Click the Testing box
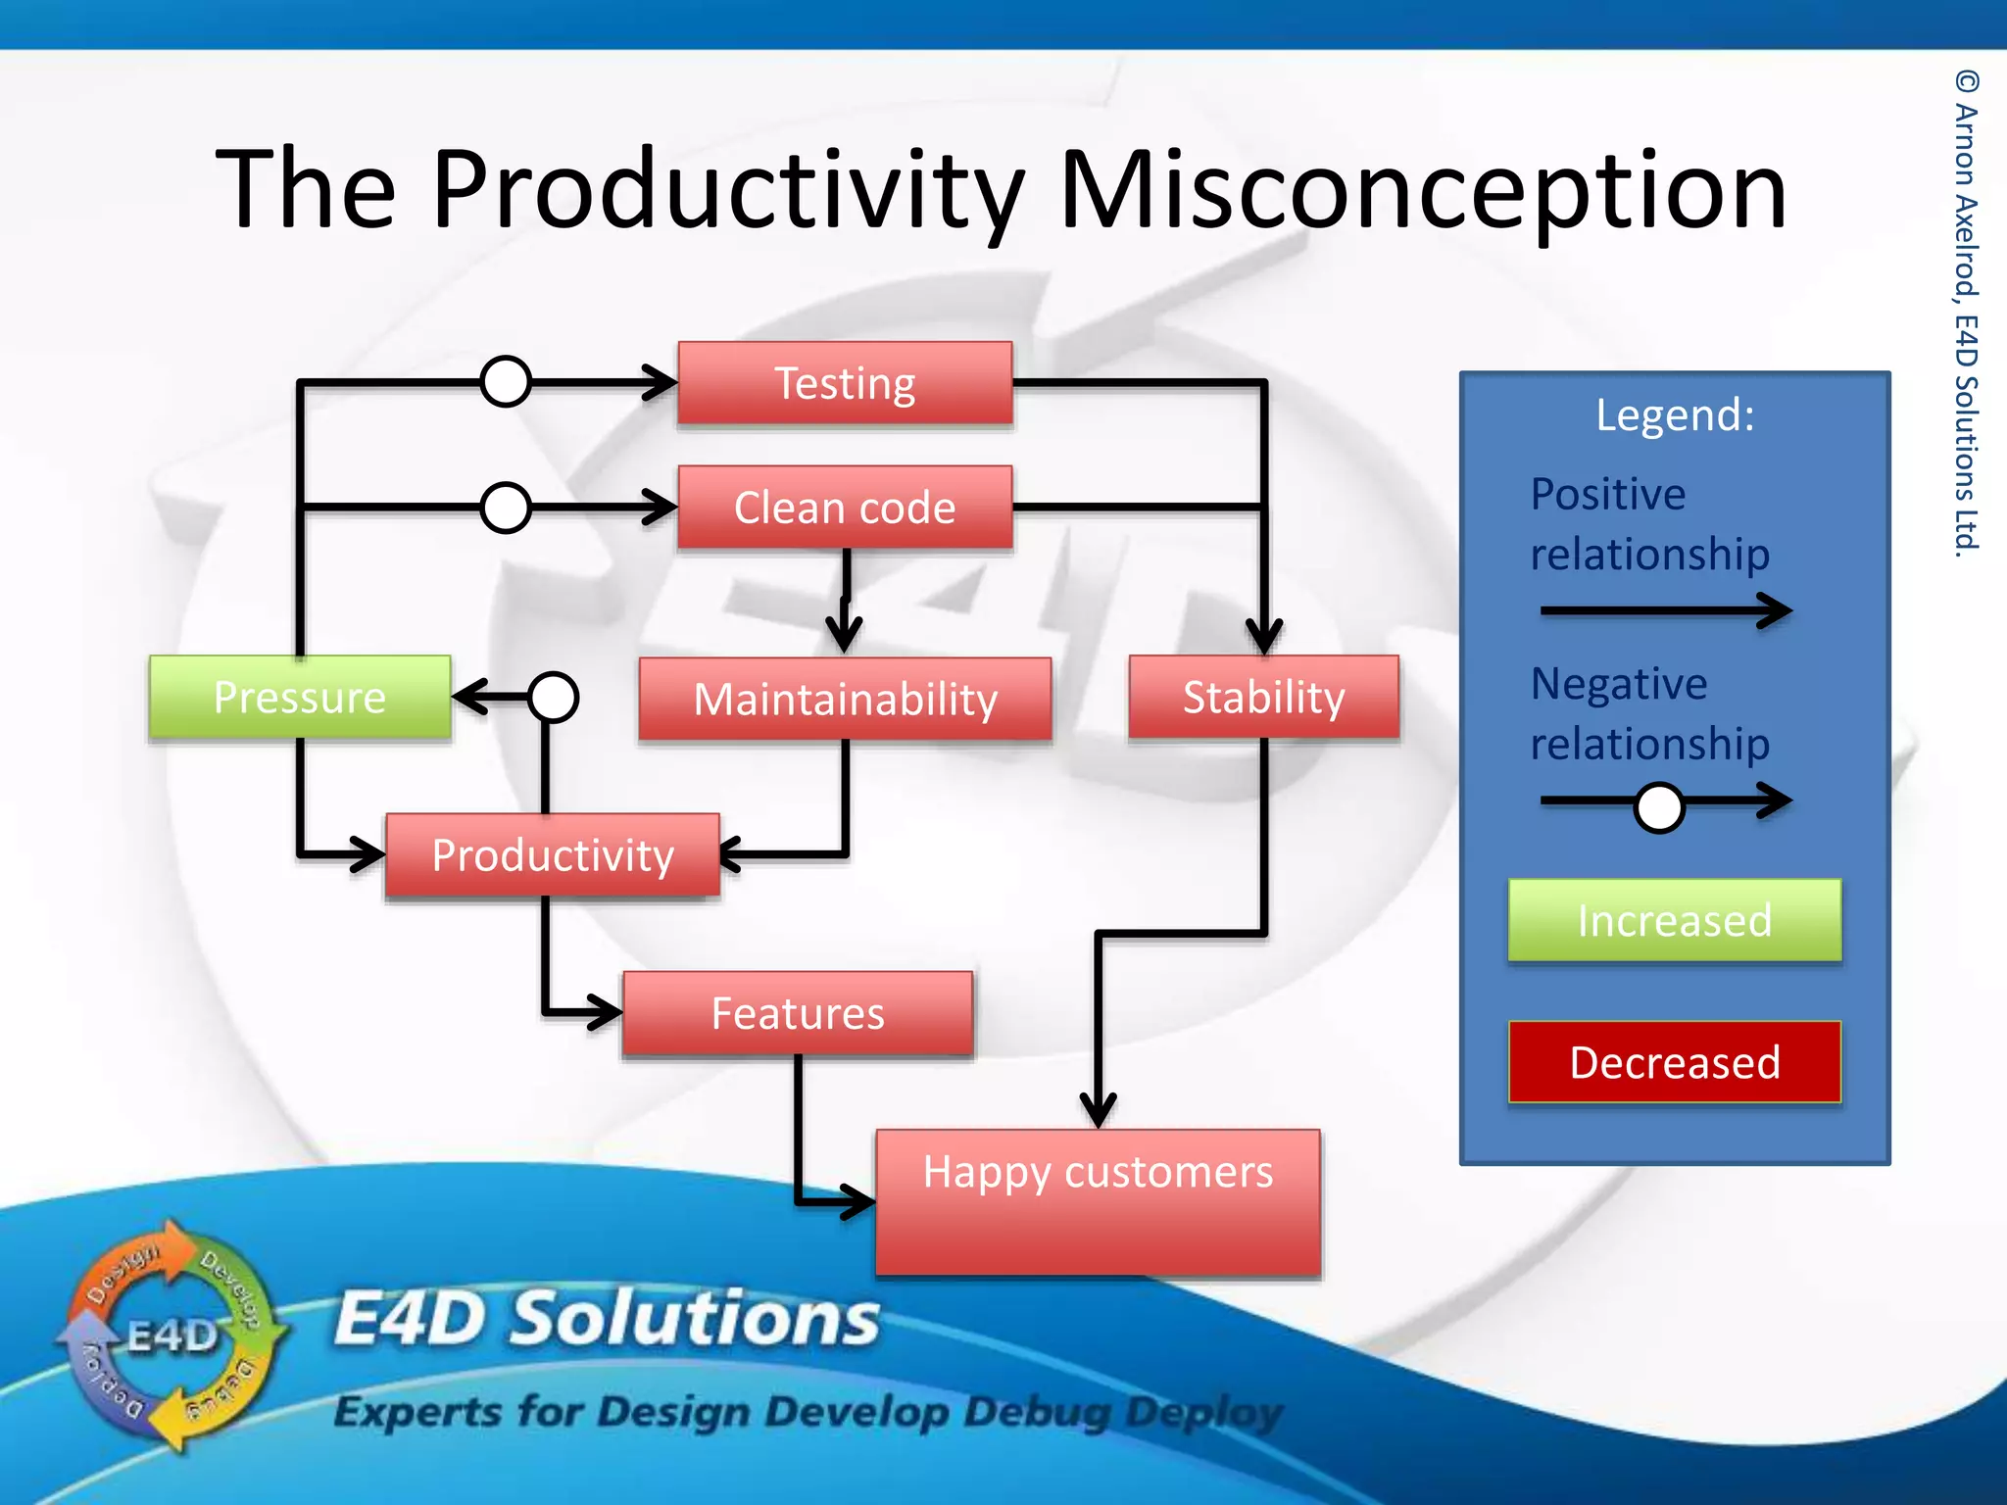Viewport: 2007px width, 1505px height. (x=845, y=383)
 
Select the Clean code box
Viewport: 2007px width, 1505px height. (x=845, y=508)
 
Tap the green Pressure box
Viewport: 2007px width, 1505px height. (x=300, y=697)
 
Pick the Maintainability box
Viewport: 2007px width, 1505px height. (x=845, y=699)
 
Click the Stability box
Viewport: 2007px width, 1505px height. (x=1263, y=697)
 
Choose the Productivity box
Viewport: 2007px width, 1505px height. (x=553, y=855)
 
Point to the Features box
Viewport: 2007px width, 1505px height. (x=798, y=1013)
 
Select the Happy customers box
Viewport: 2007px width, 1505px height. (x=1098, y=1202)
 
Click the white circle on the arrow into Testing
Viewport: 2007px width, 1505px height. (x=506, y=381)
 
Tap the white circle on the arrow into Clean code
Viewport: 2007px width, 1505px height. (x=506, y=508)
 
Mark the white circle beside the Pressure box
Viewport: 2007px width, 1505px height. (x=553, y=697)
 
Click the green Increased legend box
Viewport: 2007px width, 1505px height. (x=1674, y=920)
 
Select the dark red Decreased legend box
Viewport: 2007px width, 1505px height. (x=1674, y=1062)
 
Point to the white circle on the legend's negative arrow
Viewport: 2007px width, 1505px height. (x=1659, y=807)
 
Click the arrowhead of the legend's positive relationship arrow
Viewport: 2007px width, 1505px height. (x=1776, y=610)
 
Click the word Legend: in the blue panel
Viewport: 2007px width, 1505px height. (x=1675, y=414)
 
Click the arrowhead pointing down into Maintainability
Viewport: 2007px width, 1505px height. (x=845, y=633)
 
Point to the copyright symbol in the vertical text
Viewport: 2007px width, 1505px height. (x=1966, y=81)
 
